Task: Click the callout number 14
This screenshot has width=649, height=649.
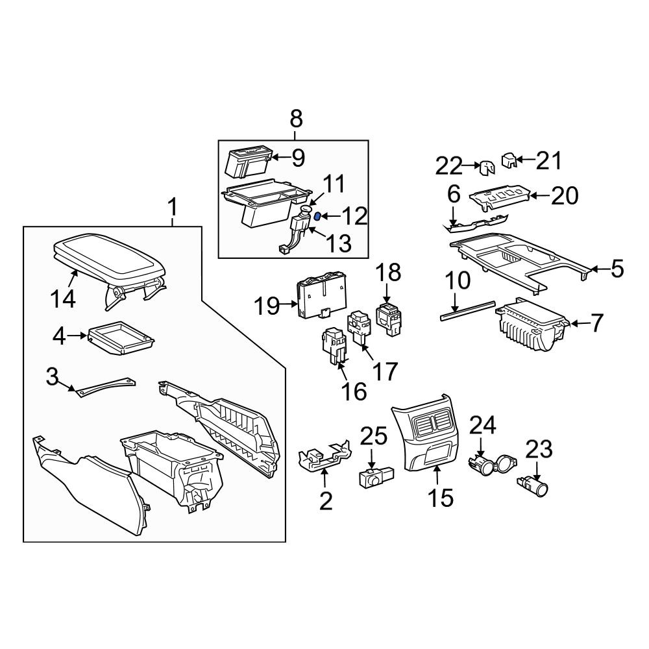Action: coord(63,299)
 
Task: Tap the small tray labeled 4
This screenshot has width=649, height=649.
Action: coord(121,337)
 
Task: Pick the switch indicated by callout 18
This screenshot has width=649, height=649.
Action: coord(389,319)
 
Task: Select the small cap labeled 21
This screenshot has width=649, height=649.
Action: coord(509,160)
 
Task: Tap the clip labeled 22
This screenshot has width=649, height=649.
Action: coord(487,167)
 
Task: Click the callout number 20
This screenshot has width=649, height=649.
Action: coord(565,195)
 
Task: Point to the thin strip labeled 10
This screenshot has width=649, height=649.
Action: coord(467,310)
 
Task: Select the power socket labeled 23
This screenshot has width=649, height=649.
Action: coord(533,489)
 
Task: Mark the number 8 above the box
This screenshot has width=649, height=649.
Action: coord(297,119)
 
